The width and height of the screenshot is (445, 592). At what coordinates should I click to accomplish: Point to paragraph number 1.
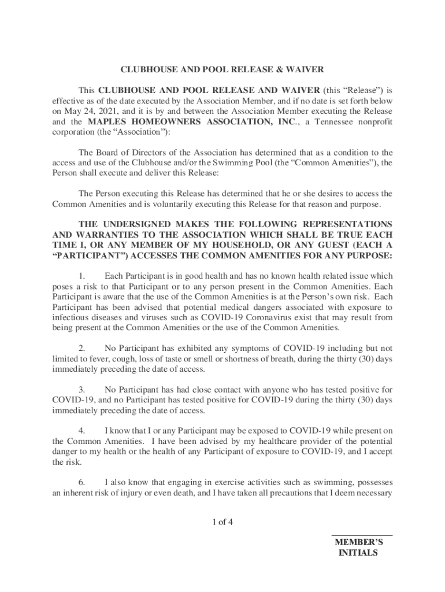[82, 275]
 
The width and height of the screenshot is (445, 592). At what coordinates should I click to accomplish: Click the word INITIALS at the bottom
[358, 553]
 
